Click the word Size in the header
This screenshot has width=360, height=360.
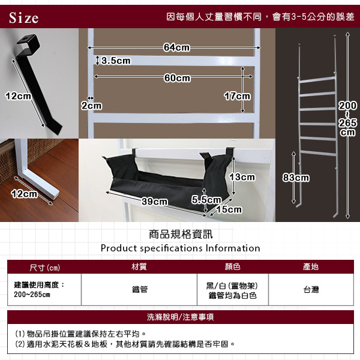coord(23,18)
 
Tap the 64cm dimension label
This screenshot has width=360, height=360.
coord(176,47)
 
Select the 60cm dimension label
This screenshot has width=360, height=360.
coord(177,78)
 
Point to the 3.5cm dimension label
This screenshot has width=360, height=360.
coord(116,61)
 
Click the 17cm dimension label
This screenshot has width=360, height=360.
coord(237,96)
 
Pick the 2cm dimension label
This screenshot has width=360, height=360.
coord(91,106)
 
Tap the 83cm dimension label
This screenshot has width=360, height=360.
coord(296,178)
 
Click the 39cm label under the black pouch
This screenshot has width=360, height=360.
coord(155,202)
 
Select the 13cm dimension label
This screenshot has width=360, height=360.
coord(242,177)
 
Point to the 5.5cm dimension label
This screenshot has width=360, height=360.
coord(206,200)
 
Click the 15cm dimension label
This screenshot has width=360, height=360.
coord(229,209)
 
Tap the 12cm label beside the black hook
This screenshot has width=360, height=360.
coord(18,96)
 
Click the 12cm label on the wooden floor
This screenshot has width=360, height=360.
coord(24,194)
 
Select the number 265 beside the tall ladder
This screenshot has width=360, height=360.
coord(347,123)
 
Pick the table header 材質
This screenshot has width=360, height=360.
coord(139,266)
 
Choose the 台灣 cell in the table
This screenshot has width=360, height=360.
coord(311,290)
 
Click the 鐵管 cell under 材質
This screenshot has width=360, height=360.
coord(140,290)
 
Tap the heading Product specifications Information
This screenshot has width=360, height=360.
coord(180,248)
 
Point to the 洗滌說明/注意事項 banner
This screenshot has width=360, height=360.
coord(180,317)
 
